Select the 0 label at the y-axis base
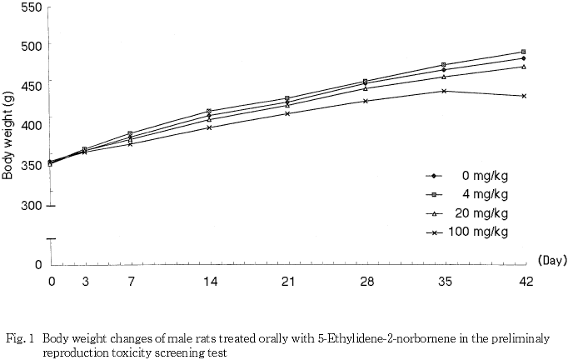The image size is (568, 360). [x=37, y=265]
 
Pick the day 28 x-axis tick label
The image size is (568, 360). [x=366, y=282]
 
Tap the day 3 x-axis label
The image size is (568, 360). [x=85, y=282]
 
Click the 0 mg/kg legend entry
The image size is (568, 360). [x=483, y=176]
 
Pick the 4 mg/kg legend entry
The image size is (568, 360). [x=483, y=194]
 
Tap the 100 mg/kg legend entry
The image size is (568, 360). [x=478, y=232]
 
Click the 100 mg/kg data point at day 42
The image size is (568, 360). [x=523, y=96]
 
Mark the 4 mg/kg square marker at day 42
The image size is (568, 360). [x=523, y=52]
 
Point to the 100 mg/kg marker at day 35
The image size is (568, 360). [x=445, y=91]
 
